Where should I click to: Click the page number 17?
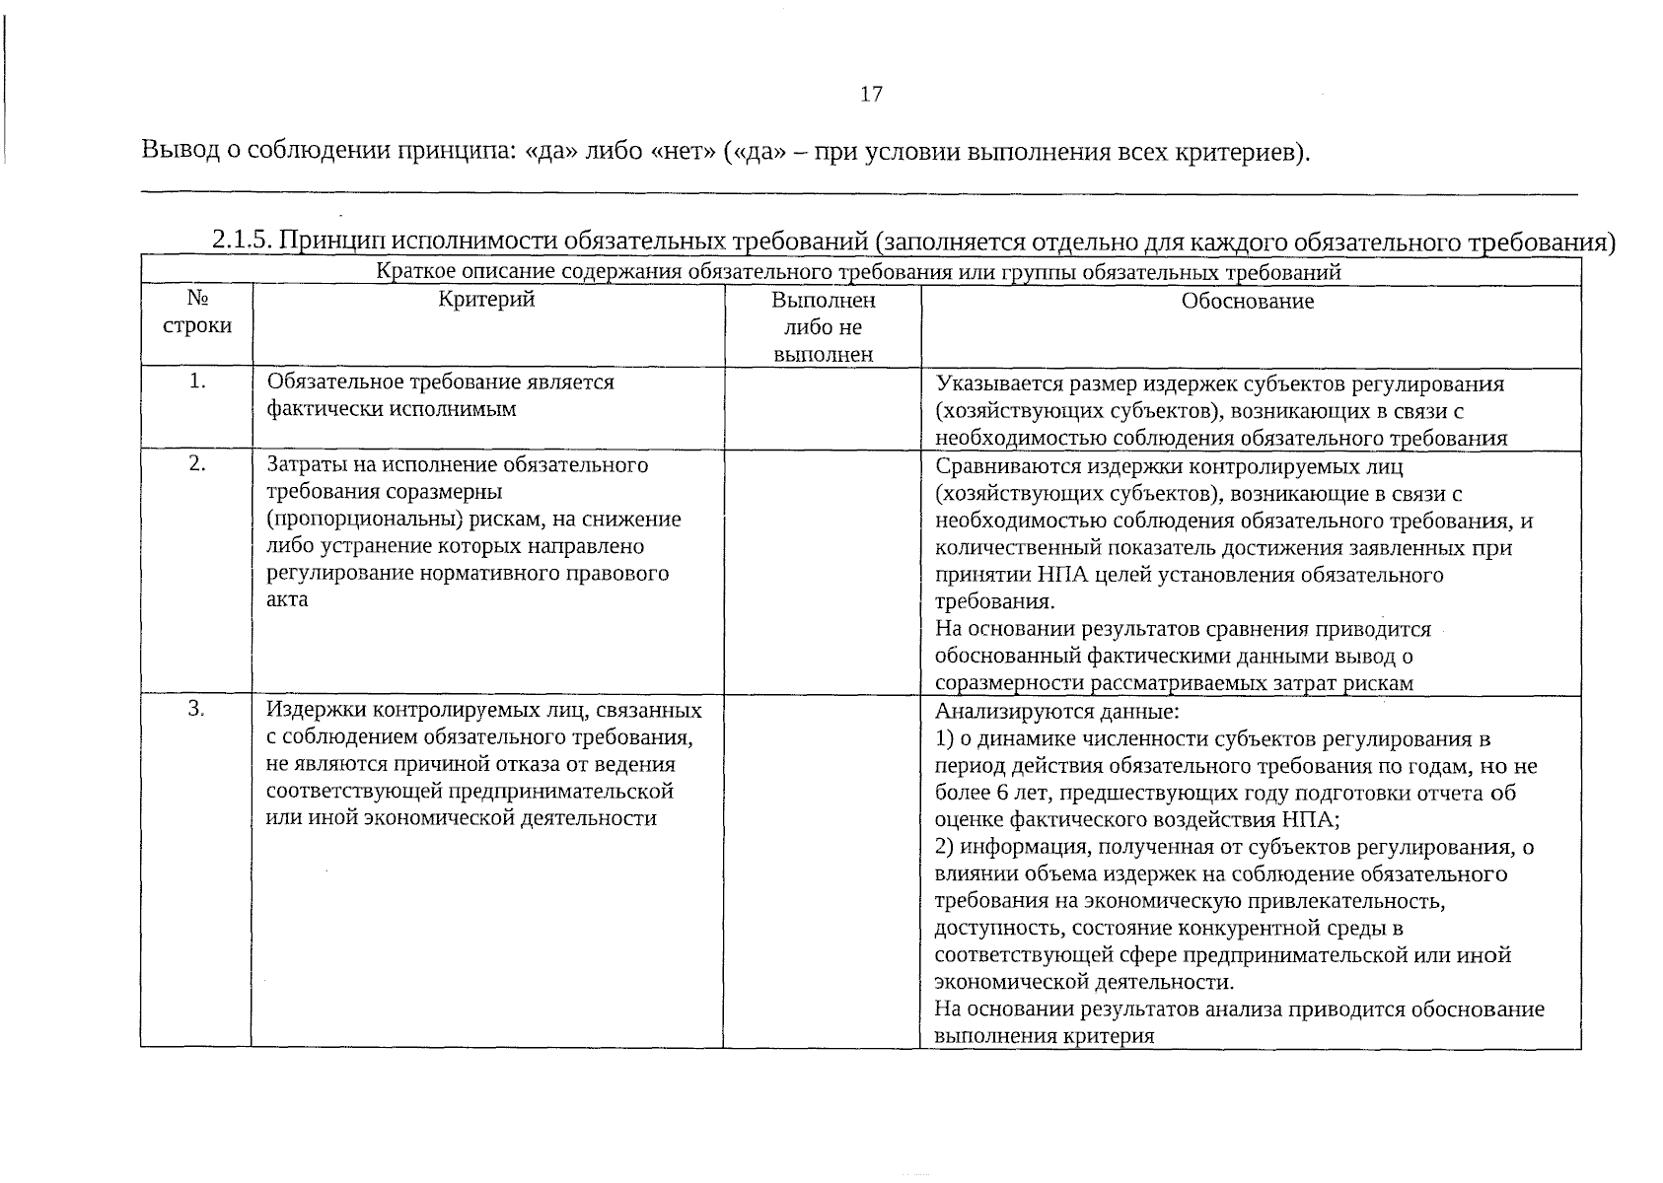870,95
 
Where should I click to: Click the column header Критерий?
486,300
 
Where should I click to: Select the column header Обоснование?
1247,302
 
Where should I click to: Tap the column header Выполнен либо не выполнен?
823,326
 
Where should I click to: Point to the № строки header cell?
196,312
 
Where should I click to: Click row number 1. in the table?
197,382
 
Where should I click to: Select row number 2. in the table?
197,463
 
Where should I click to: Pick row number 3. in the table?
196,709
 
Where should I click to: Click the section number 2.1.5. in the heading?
242,242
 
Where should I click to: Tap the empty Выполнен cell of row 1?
823,408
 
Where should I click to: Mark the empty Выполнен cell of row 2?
823,572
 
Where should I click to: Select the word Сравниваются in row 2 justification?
1000,465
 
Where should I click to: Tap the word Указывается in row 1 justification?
994,383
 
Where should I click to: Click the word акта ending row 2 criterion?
287,599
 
